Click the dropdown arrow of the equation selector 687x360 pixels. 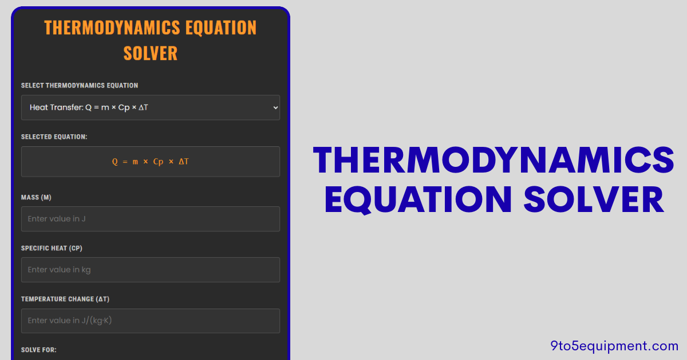(275, 107)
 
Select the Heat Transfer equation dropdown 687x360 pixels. (150, 107)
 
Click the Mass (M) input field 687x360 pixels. (150, 219)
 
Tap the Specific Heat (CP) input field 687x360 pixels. (150, 270)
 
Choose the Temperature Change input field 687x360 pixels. (150, 321)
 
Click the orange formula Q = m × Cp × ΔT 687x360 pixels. (151, 162)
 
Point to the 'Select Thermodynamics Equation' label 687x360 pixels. (80, 86)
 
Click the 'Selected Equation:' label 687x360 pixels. (54, 137)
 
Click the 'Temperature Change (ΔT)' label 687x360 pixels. (65, 299)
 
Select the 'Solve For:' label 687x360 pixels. (39, 350)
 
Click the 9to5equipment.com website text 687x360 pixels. (614, 345)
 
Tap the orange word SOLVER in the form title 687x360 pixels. (151, 53)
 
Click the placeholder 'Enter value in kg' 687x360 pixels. (60, 270)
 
